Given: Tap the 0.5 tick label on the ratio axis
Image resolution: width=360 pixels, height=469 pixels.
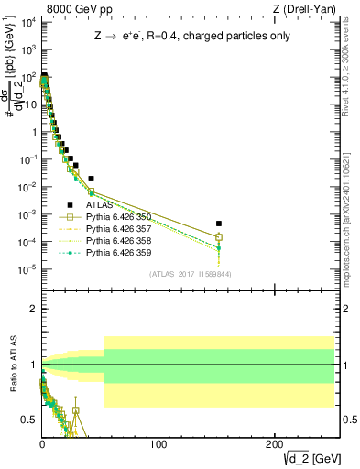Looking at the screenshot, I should click(28, 420).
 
